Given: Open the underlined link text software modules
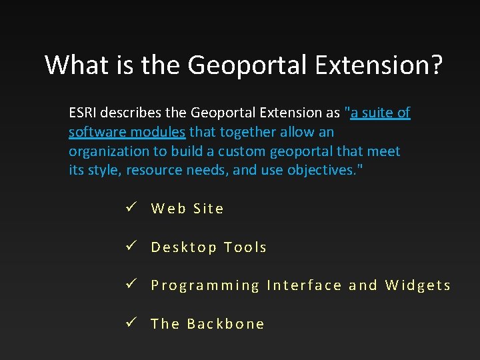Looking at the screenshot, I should coord(127,132).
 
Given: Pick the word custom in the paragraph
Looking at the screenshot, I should coord(248,151).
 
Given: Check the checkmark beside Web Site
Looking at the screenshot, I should coord(131,208).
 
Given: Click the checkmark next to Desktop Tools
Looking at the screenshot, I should coord(131,247).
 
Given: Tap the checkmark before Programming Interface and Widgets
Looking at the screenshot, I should coord(131,285).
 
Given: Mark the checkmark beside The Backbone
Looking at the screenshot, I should coord(131,323).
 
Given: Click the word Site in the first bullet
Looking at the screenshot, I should coord(209,209).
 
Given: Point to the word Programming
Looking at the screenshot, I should coord(205,286).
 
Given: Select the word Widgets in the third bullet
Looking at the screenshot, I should coord(418,286).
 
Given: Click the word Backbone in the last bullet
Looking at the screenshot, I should coord(226,324).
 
